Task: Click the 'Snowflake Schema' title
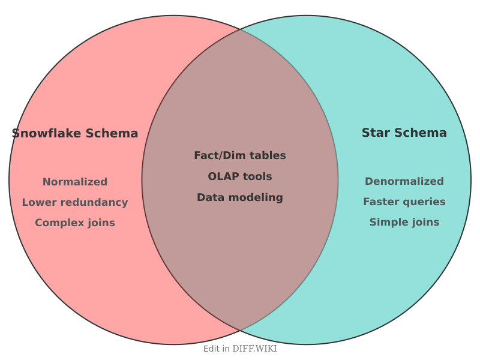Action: [x=75, y=133]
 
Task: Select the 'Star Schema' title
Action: [x=404, y=133]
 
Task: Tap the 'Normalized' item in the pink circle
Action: [x=75, y=182]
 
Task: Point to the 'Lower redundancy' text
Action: [x=75, y=202]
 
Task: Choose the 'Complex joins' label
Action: [x=75, y=223]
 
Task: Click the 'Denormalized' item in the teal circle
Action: [x=404, y=181]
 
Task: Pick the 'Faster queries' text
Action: [x=404, y=202]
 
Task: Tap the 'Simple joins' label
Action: [x=404, y=222]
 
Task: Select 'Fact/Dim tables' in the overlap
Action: [x=240, y=155]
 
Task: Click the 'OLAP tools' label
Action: [x=240, y=176]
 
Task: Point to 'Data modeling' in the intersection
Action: [x=240, y=197]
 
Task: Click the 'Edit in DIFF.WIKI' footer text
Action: [x=240, y=349]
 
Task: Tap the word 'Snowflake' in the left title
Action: [x=47, y=133]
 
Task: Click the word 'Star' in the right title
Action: [x=376, y=133]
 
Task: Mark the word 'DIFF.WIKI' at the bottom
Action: [x=254, y=349]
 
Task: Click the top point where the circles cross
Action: [x=240, y=29]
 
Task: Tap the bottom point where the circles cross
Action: [x=240, y=331]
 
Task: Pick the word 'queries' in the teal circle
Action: [x=425, y=202]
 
